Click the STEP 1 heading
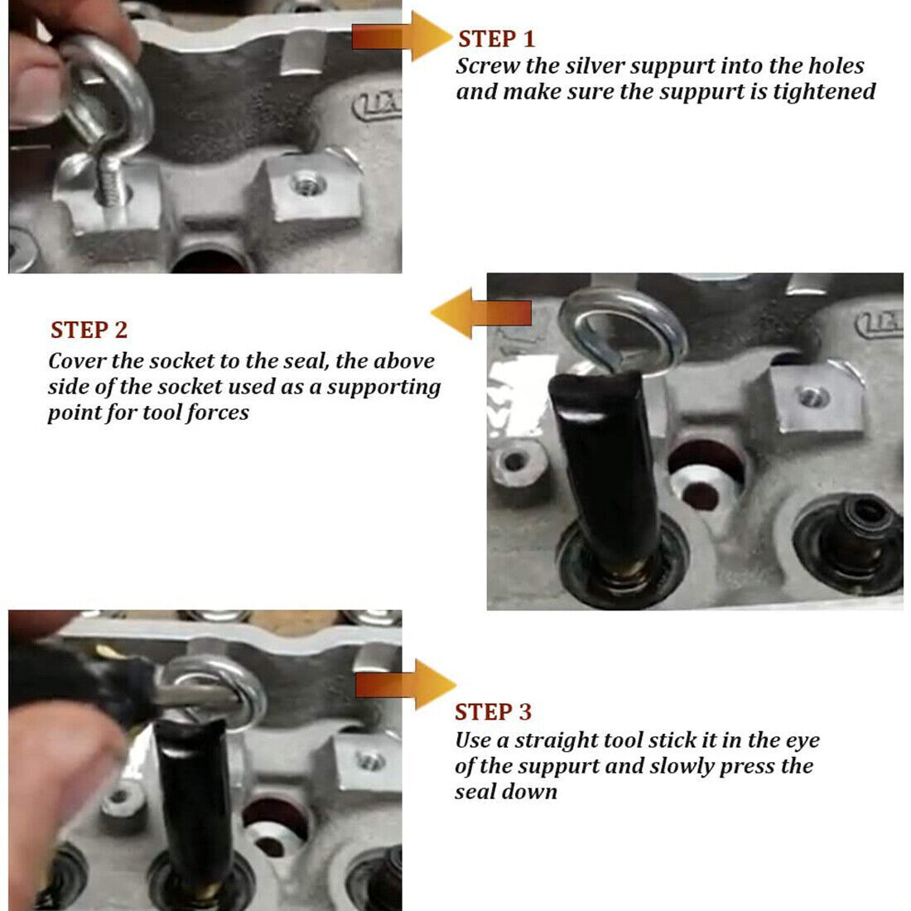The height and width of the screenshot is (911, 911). pyautogui.click(x=496, y=39)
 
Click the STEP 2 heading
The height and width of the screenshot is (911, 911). pyautogui.click(x=89, y=330)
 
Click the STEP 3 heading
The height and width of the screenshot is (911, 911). pyautogui.click(x=493, y=712)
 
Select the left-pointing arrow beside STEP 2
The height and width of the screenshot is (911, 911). pyautogui.click(x=480, y=313)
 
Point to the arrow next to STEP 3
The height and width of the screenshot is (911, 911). pyautogui.click(x=406, y=685)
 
